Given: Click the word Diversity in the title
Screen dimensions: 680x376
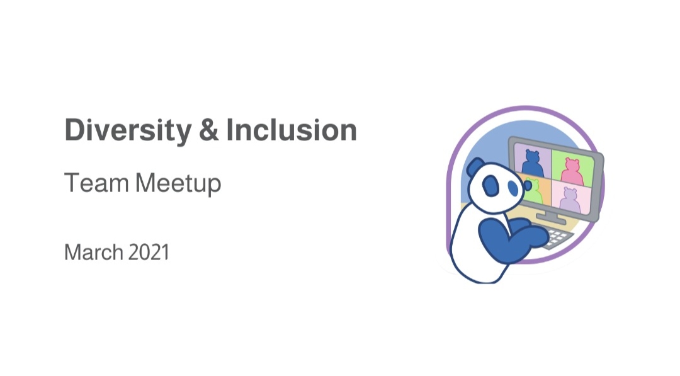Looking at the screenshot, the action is [128, 131].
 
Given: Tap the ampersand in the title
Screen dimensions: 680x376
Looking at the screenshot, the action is [208, 130].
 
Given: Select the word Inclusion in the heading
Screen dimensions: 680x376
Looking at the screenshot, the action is [292, 130].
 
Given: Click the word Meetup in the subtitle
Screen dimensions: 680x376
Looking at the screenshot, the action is [178, 184].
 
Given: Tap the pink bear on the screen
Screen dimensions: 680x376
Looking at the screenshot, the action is [571, 171].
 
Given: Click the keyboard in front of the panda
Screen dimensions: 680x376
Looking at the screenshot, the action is [557, 237].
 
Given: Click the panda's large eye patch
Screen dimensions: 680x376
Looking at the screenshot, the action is [491, 185].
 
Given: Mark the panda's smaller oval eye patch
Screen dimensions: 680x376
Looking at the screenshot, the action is [514, 188].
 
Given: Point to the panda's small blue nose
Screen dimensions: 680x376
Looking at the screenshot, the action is [528, 186].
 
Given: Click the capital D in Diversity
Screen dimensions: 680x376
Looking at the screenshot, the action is [74, 130].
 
